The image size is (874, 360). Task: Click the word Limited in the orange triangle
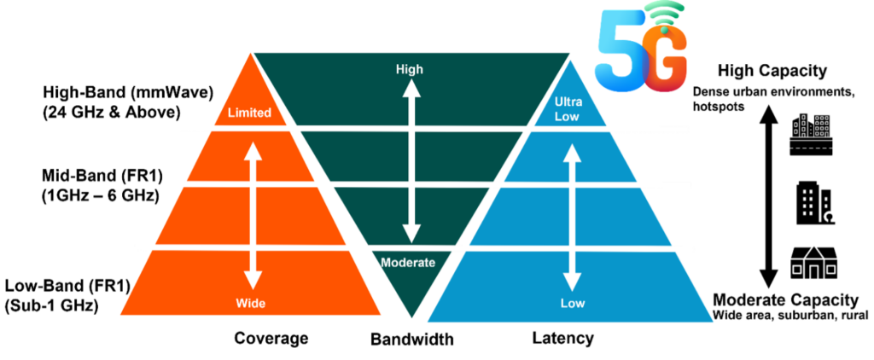[249, 113]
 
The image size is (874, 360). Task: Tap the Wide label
[252, 303]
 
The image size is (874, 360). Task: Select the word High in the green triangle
[410, 69]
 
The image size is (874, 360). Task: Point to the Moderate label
[409, 263]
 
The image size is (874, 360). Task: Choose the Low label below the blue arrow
[572, 303]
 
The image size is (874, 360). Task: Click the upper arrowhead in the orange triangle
[252, 150]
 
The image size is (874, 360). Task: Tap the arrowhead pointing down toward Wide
[252, 280]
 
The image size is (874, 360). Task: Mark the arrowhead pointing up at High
[411, 90]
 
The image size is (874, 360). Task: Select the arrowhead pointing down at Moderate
[411, 232]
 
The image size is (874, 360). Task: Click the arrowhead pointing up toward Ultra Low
[572, 154]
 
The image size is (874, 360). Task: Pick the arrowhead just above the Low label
[572, 281]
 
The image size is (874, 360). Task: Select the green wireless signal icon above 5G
[665, 17]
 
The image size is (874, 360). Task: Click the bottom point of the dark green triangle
[411, 317]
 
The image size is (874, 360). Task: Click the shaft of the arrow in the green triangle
[411, 162]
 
